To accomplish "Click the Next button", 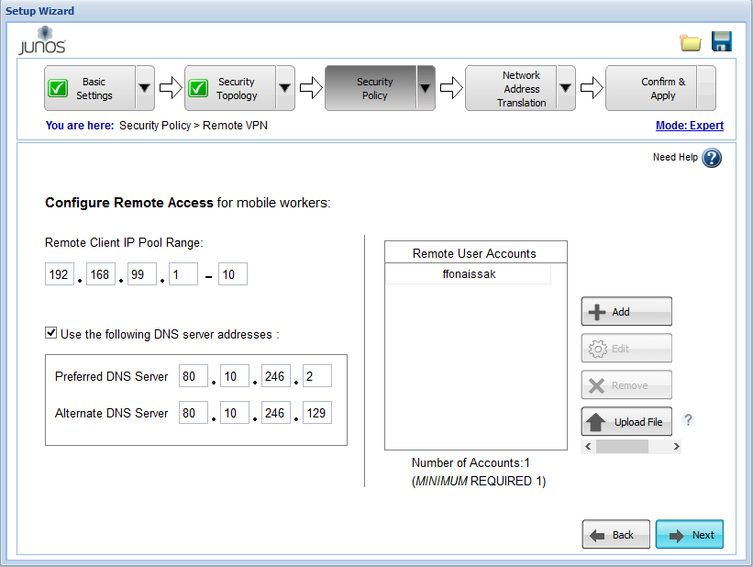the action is coord(689,534).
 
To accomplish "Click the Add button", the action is coord(626,311).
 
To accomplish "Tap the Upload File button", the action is coord(626,421).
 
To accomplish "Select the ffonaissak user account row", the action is coord(469,274).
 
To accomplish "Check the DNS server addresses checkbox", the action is coord(51,332).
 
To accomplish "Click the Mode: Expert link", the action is coord(690,126).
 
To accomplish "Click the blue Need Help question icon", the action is coord(711,158).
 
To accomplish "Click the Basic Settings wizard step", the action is coord(90,88).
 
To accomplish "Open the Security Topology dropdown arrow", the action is coord(284,88).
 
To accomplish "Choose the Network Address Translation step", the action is coord(511,88).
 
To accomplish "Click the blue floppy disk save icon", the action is coord(721,41).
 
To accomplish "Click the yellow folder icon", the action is coord(691,43).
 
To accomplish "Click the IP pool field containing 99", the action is coord(141,274).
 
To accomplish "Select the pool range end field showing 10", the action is coord(232,274).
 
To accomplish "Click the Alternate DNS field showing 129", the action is coord(317,413).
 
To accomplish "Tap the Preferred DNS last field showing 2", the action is coord(317,376).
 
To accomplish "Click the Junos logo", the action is coord(42,41).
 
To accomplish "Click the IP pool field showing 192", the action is coord(60,274).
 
